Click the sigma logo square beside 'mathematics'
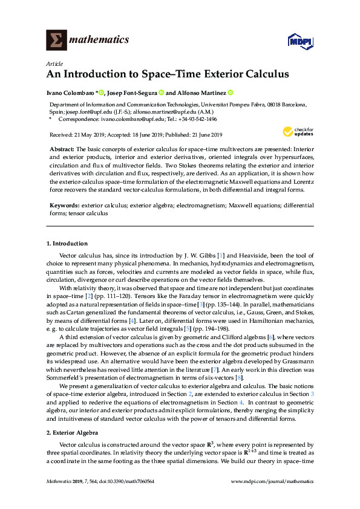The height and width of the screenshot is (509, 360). [56, 41]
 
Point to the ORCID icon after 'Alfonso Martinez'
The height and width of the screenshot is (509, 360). [231, 93]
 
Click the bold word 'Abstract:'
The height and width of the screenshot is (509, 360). [62, 149]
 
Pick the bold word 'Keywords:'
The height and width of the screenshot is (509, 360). [64, 206]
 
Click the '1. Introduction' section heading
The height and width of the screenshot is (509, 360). [67, 244]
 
